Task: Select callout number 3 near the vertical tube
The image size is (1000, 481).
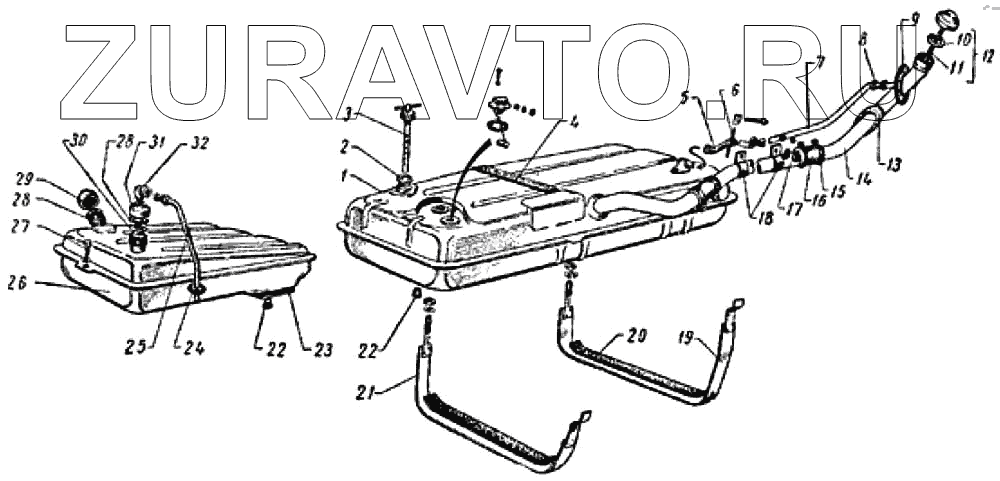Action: coord(347,113)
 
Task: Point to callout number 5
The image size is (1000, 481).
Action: coord(684,98)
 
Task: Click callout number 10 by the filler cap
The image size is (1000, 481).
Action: coord(963,40)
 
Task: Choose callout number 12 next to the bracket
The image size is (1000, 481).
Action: coord(988,57)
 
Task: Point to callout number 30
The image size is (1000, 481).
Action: coord(73,141)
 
